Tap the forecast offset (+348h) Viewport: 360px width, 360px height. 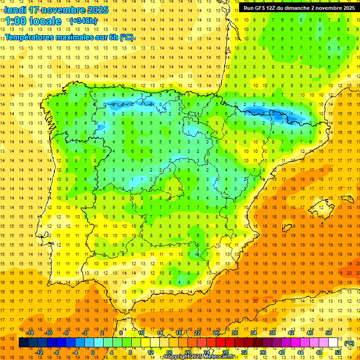(83, 21)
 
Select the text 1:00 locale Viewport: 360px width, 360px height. (34, 21)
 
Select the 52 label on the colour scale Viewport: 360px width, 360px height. (338, 352)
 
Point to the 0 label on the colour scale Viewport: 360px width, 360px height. (93, 352)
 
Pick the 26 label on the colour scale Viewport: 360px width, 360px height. (216, 333)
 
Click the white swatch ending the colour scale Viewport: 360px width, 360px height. (333, 343)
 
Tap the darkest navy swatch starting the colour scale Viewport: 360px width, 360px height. (23, 343)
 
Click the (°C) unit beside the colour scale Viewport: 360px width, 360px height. (349, 343)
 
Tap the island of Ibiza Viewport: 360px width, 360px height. (286, 228)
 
